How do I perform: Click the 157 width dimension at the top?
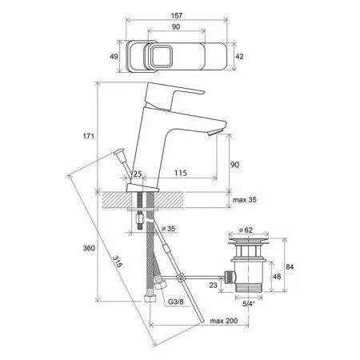pos(177,15)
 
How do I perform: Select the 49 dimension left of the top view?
pos(114,56)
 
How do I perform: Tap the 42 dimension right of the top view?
pos(239,56)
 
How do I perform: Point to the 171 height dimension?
pos(89,136)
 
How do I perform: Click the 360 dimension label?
pos(89,248)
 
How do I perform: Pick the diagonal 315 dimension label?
pos(118,262)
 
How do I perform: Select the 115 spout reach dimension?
pos(181,173)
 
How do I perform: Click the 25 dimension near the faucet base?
pos(138,174)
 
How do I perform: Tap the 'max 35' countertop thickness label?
pos(245,199)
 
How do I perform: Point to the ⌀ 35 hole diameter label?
pos(169,229)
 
